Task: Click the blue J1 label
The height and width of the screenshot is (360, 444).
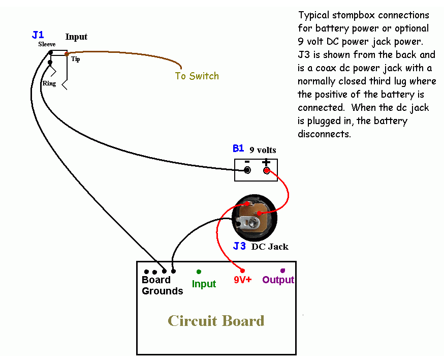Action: click(x=38, y=35)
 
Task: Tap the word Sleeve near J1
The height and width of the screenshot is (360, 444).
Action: click(x=47, y=44)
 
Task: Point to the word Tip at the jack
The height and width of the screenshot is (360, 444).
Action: click(x=75, y=59)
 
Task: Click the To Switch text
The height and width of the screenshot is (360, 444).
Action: click(x=197, y=76)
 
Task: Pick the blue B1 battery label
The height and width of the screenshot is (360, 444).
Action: click(x=238, y=148)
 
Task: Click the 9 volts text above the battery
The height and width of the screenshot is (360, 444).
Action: click(x=263, y=150)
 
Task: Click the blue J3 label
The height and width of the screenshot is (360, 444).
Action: click(x=239, y=247)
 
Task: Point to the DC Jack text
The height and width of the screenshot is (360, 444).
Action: click(x=270, y=247)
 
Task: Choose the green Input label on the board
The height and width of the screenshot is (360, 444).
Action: click(x=204, y=284)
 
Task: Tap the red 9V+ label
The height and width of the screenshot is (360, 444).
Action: click(x=243, y=280)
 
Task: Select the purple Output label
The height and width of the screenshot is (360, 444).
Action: click(x=278, y=280)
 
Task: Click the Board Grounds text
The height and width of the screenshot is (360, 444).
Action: click(x=162, y=286)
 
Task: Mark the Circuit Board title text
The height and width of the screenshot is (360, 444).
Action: click(x=216, y=321)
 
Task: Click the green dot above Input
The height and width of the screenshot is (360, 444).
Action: click(x=199, y=272)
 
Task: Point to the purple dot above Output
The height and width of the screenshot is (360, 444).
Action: click(x=283, y=270)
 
